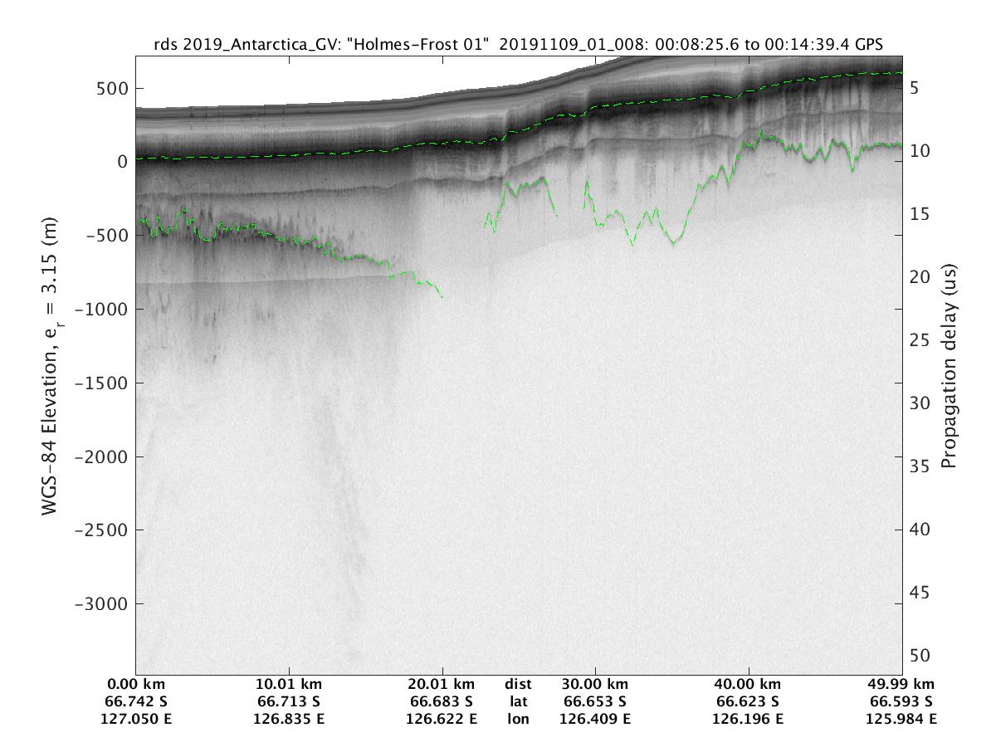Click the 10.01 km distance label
pyautogui.click(x=289, y=685)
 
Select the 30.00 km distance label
pyautogui.click(x=596, y=685)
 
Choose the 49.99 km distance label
pyautogui.click(x=902, y=685)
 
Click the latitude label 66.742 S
pyautogui.click(x=136, y=701)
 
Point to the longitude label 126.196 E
pyautogui.click(x=749, y=719)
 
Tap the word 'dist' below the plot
pyautogui.click(x=518, y=685)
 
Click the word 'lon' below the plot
pyautogui.click(x=518, y=719)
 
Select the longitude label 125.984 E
pyautogui.click(x=902, y=719)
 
